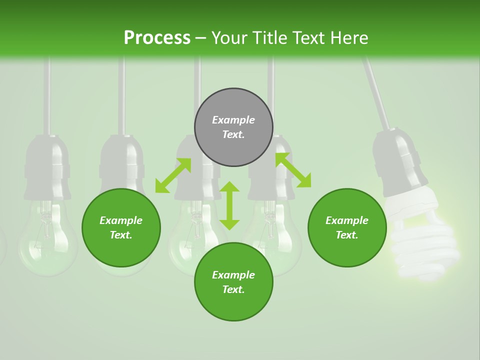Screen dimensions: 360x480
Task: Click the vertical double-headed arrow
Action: (x=229, y=205)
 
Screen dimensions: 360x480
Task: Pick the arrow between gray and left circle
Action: (x=173, y=175)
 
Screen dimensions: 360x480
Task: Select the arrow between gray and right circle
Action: (x=293, y=170)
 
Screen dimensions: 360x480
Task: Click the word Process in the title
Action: (x=157, y=38)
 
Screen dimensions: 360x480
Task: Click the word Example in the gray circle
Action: (x=233, y=120)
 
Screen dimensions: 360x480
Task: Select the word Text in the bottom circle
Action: (x=233, y=289)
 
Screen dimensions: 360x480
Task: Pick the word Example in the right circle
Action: (x=347, y=220)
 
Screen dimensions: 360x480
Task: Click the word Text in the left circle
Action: (x=121, y=235)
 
